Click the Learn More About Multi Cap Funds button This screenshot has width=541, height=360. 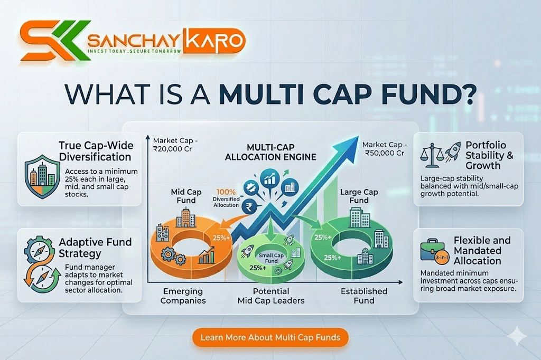(270, 337)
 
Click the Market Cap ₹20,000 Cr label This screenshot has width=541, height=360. (177, 145)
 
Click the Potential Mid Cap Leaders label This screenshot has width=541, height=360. (270, 296)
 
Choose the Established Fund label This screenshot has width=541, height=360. (364, 296)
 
